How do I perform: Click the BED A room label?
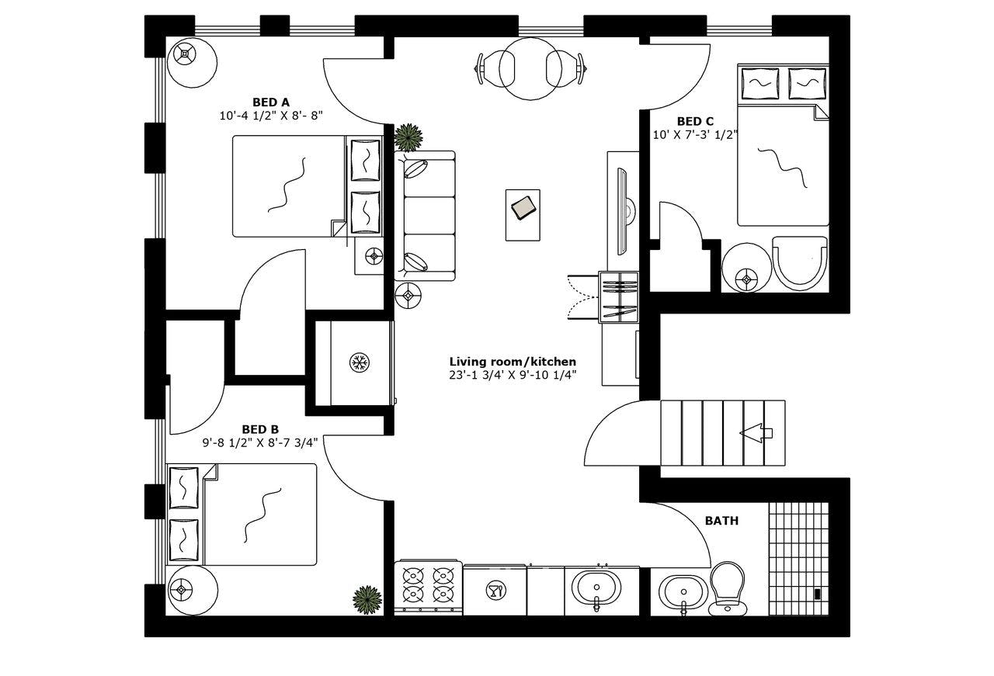(x=271, y=102)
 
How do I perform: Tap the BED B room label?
(x=260, y=429)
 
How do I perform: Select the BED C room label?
(x=695, y=121)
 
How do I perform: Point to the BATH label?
(x=721, y=521)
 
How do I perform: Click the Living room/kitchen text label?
(x=513, y=362)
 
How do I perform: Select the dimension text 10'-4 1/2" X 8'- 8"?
(x=271, y=116)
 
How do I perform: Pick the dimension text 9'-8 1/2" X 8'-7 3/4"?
(x=260, y=443)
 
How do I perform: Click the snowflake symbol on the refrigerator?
(x=359, y=362)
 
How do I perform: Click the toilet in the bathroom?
(x=726, y=588)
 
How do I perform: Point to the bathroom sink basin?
(x=683, y=591)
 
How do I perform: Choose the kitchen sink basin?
(x=596, y=588)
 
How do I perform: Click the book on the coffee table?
(x=523, y=207)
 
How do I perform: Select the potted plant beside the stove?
(x=367, y=599)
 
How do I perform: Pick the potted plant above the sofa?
(x=408, y=137)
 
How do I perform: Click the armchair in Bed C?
(x=800, y=263)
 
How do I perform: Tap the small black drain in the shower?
(x=817, y=595)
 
